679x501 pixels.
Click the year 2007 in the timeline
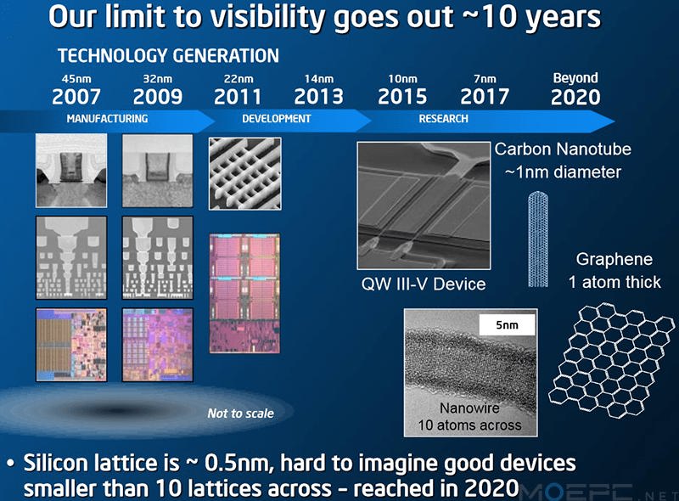(76, 97)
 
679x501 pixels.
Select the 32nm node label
(158, 79)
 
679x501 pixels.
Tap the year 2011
(238, 97)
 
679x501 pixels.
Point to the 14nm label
(319, 79)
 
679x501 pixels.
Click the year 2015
(402, 97)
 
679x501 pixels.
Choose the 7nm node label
(485, 79)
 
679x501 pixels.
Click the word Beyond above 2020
(575, 78)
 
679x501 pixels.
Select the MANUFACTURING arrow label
(108, 119)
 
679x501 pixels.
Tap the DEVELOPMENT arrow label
(277, 119)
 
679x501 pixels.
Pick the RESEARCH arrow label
(443, 119)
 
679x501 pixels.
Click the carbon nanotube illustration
(538, 239)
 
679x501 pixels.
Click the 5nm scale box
(507, 324)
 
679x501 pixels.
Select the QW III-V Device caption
(424, 284)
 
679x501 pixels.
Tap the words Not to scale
(240, 414)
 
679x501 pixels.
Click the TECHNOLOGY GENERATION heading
(168, 56)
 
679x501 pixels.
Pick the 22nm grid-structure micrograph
(245, 174)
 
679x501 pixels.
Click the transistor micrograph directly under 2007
(71, 171)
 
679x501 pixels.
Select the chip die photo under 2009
(158, 345)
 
